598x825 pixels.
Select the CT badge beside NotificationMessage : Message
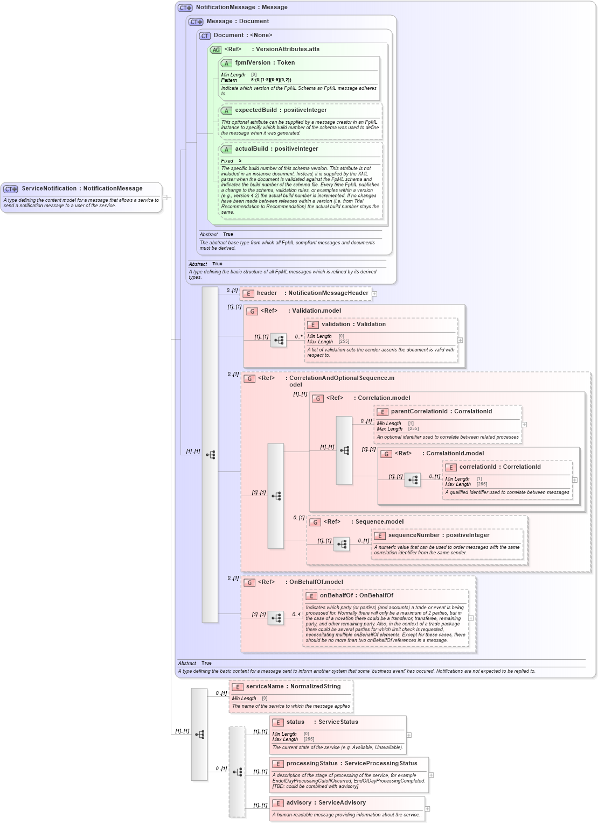pos(185,8)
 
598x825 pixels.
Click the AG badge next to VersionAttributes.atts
pos(215,50)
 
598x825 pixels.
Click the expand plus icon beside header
pos(374,294)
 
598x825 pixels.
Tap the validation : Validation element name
pos(353,325)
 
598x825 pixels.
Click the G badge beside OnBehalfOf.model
pos(249,582)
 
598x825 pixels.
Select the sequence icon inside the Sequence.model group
pos(342,544)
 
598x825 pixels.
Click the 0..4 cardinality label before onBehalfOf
pos(296,614)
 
